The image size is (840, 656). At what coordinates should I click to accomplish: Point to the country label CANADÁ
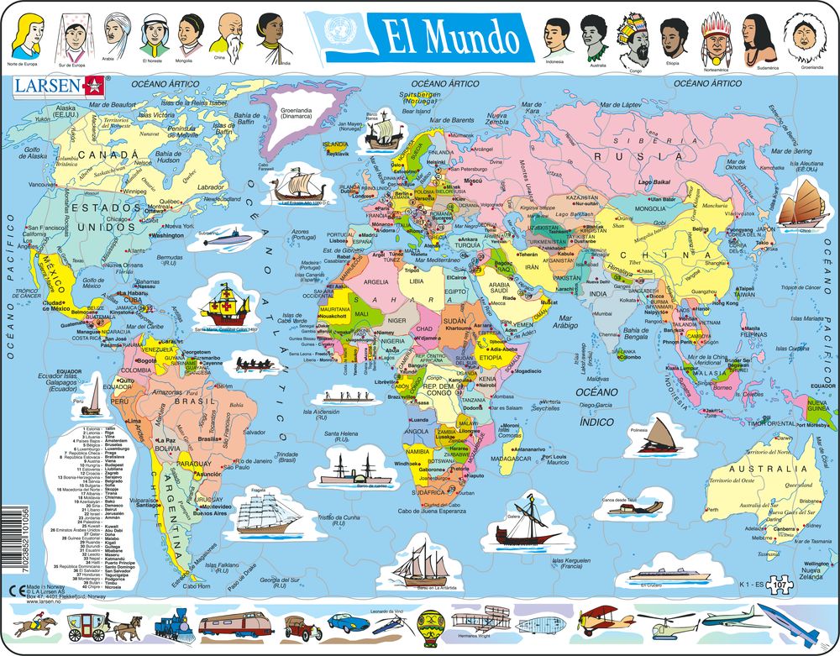click(x=105, y=155)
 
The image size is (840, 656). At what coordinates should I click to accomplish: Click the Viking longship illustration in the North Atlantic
click(x=294, y=185)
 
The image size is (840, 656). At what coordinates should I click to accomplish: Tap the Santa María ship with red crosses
click(x=226, y=302)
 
